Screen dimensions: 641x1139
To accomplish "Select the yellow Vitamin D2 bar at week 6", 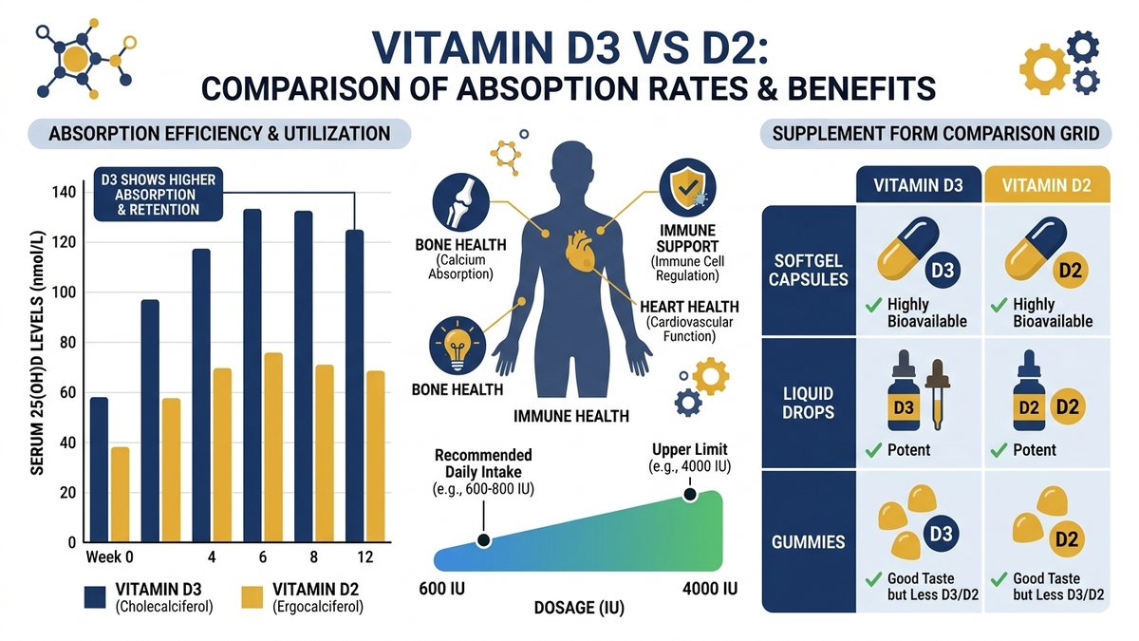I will (x=272, y=447).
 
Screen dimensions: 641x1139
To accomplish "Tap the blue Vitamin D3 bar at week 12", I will (x=354, y=386).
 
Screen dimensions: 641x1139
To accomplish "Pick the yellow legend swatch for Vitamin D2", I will (x=251, y=595).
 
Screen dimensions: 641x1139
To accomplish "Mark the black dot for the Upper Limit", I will (x=689, y=495).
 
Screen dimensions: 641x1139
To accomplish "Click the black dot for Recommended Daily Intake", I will (x=483, y=540).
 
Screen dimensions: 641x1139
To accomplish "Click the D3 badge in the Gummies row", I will (x=940, y=535).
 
